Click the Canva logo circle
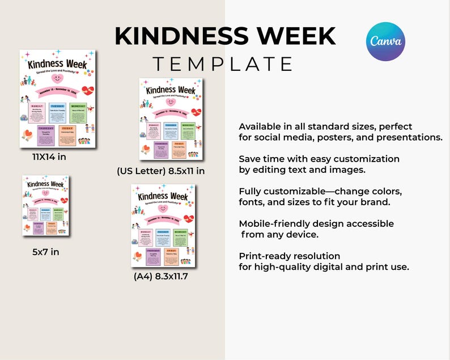coord(385,41)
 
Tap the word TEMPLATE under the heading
coord(224,63)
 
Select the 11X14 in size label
coord(49,157)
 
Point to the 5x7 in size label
coord(45,251)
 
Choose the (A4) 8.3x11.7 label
coord(160,277)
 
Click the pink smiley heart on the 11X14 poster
coord(57,78)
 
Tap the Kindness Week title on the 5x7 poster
coord(46,184)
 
